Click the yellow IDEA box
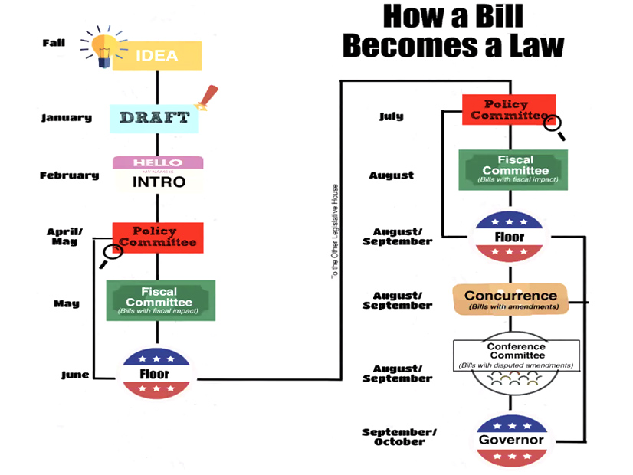coord(157,56)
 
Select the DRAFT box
coord(154,118)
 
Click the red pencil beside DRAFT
coord(204,97)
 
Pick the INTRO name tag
coord(158,174)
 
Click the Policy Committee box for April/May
coord(158,237)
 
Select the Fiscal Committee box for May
coord(160,300)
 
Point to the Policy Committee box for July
coord(508,110)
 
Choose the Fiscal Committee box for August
coord(513,169)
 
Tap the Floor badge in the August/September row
coord(509,237)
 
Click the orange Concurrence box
coord(510,299)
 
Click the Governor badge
coord(510,440)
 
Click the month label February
coord(70,175)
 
